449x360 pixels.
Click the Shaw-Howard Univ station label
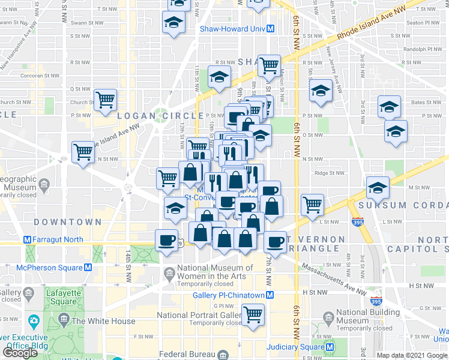click(x=233, y=28)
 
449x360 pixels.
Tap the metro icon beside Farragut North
click(x=27, y=239)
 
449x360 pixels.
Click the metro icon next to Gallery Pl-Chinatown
click(x=271, y=295)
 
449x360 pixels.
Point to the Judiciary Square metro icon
click(x=330, y=346)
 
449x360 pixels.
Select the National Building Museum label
click(x=366, y=316)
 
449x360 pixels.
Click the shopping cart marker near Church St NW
click(x=105, y=100)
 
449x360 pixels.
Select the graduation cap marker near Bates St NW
click(x=389, y=107)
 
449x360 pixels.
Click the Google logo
click(x=20, y=353)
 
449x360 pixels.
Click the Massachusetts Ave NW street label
click(x=334, y=279)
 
